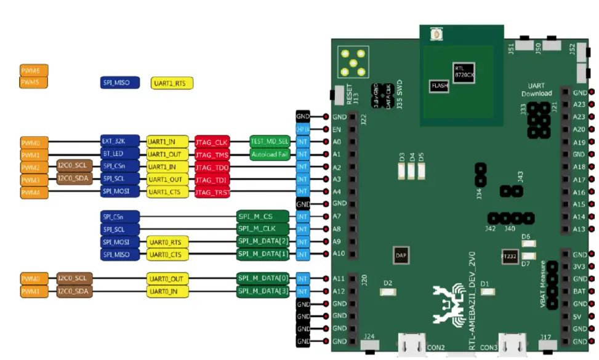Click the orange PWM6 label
(x=34, y=71)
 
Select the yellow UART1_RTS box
(x=172, y=83)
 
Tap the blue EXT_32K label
(x=119, y=142)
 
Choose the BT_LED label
(x=119, y=154)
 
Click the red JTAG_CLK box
(x=212, y=142)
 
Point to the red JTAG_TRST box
(x=212, y=193)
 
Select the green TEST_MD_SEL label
(x=270, y=142)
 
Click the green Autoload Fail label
(x=270, y=154)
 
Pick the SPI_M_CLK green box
(x=263, y=229)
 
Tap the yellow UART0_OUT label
(x=167, y=279)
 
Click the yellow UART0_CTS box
(x=167, y=254)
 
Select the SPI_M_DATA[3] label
(x=263, y=291)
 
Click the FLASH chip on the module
(x=439, y=86)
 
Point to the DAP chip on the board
(x=400, y=254)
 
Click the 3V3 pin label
(x=579, y=266)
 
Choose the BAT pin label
(x=579, y=292)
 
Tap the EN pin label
(x=337, y=129)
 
